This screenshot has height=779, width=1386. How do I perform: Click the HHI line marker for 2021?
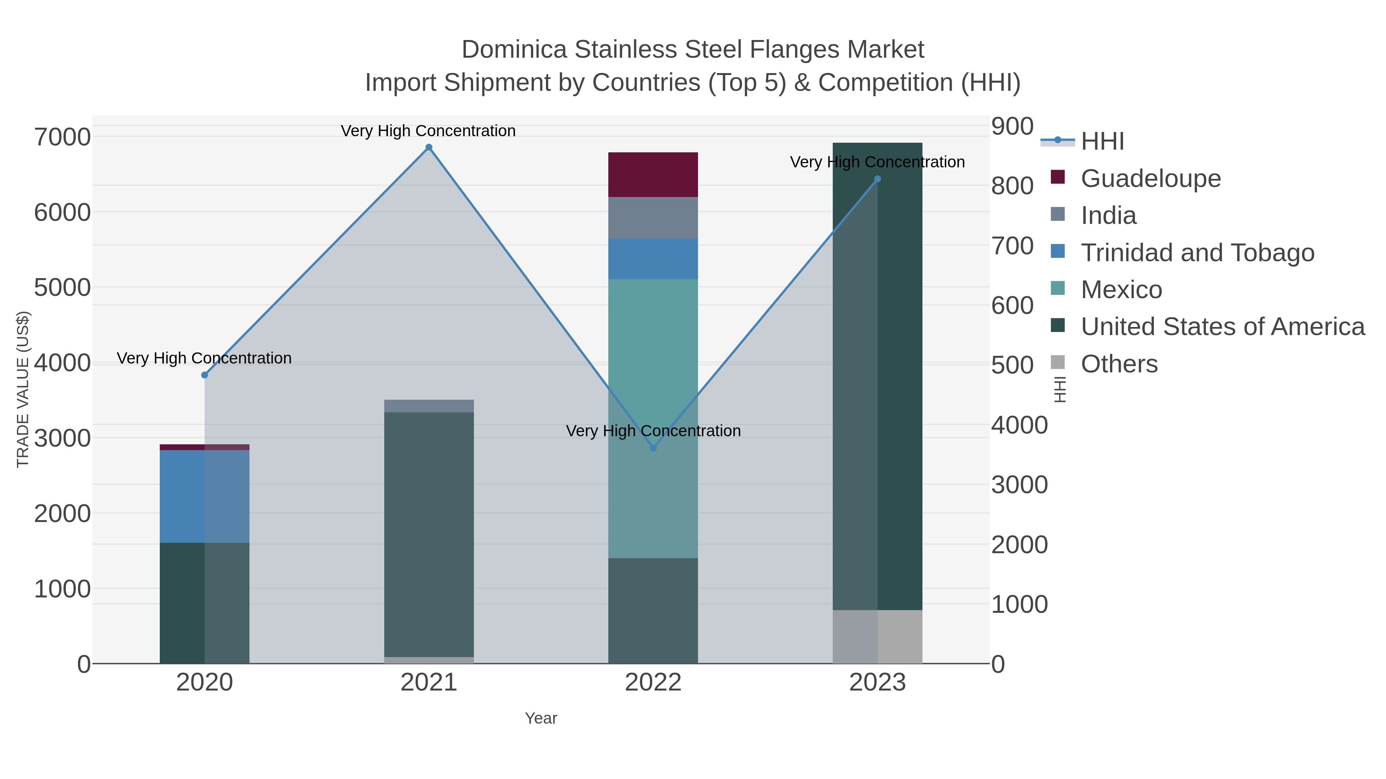click(429, 147)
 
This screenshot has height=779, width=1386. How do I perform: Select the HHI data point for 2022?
click(653, 448)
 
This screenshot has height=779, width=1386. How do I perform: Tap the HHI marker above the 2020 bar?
click(204, 375)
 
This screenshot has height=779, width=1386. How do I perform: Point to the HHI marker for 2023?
click(877, 179)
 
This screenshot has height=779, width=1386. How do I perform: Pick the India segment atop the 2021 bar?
click(429, 406)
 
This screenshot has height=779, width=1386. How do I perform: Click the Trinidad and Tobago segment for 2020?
click(204, 496)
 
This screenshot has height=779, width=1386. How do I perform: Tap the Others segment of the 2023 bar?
click(877, 637)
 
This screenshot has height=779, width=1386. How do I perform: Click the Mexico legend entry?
click(1121, 290)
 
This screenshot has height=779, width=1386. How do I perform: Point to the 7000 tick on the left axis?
click(62, 137)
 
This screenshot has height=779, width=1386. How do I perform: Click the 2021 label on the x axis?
click(429, 683)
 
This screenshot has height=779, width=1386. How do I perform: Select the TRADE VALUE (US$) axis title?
click(23, 389)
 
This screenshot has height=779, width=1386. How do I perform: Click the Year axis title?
click(541, 718)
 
